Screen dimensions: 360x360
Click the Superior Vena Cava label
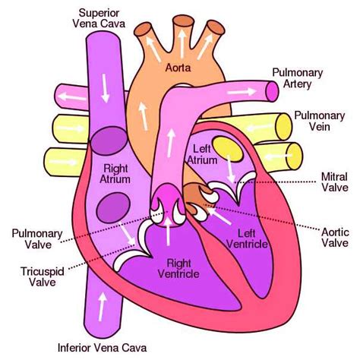pyautogui.click(x=99, y=17)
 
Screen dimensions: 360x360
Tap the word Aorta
pyautogui.click(x=178, y=68)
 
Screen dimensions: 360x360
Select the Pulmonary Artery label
pyautogui.click(x=298, y=78)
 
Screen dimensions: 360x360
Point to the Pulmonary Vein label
pyautogui.click(x=320, y=121)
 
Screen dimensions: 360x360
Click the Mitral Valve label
pyautogui.click(x=334, y=182)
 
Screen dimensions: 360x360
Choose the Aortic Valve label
pyautogui.click(x=335, y=238)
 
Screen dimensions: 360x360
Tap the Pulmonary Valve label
pyautogui.click(x=37, y=239)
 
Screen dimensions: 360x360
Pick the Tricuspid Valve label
pyautogui.click(x=43, y=276)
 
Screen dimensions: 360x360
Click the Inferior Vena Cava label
pyautogui.click(x=103, y=348)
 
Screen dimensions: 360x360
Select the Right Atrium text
pyautogui.click(x=115, y=174)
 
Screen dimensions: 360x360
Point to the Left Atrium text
pyautogui.click(x=202, y=154)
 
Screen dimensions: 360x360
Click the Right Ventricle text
pyautogui.click(x=178, y=269)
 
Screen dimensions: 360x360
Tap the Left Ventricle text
pyautogui.click(x=247, y=238)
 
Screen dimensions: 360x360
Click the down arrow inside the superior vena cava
pyautogui.click(x=105, y=88)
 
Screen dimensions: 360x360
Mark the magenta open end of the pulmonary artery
pyautogui.click(x=272, y=91)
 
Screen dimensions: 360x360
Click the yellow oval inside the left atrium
pyautogui.click(x=228, y=149)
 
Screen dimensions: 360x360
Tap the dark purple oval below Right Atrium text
pyautogui.click(x=113, y=207)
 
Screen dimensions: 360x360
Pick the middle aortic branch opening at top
pyautogui.click(x=184, y=21)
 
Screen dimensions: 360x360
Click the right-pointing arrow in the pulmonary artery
pyautogui.click(x=242, y=92)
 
